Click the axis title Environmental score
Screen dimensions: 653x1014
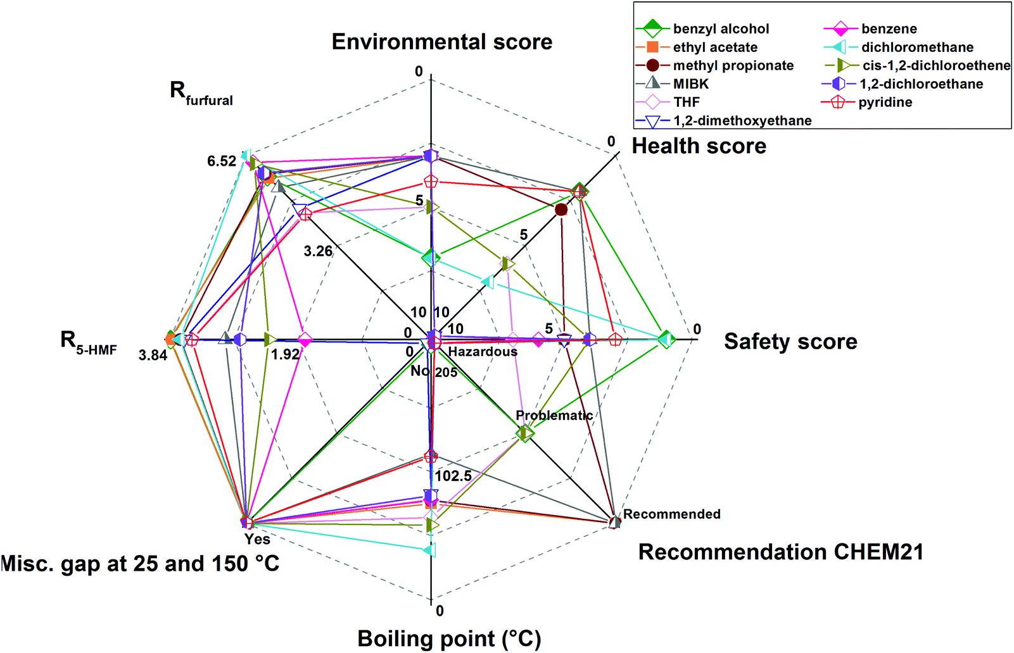click(x=442, y=42)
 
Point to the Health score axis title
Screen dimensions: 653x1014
click(x=699, y=146)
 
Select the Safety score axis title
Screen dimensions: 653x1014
click(x=790, y=342)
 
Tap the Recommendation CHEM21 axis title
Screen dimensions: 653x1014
click(x=780, y=552)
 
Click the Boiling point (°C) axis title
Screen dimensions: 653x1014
click(x=449, y=638)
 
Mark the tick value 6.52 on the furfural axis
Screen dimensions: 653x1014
click(x=222, y=161)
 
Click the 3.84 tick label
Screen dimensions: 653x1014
click(x=153, y=356)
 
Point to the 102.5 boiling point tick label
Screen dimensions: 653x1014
click(x=453, y=476)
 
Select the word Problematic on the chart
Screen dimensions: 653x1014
click(x=554, y=416)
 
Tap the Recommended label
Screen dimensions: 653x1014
click(x=671, y=514)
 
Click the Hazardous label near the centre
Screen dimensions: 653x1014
click(x=483, y=352)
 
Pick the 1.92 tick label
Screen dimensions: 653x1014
click(x=285, y=354)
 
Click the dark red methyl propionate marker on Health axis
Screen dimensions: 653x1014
click(x=561, y=209)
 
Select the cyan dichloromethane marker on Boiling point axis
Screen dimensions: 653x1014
click(x=430, y=550)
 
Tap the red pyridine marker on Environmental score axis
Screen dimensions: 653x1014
click(x=431, y=182)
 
